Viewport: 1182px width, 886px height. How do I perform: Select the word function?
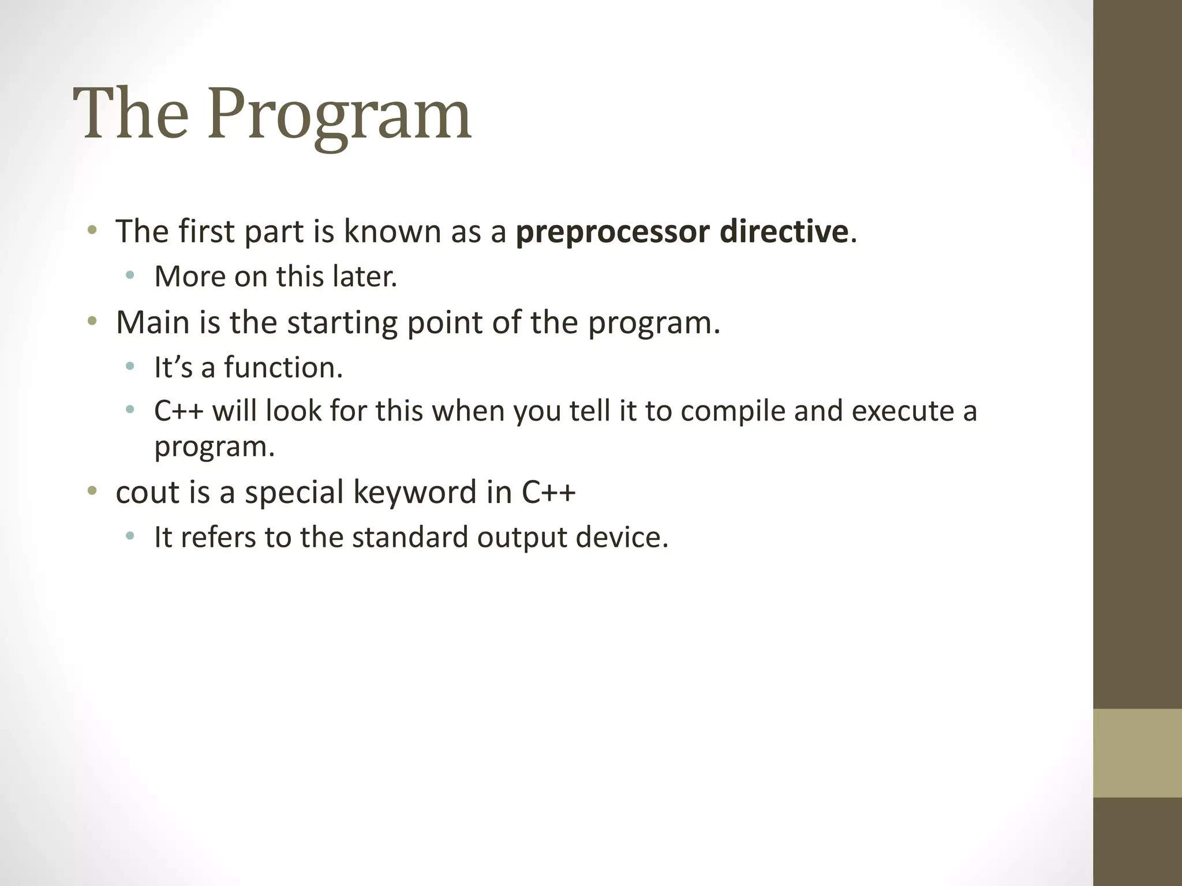point(283,367)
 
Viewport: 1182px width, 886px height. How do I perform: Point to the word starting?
point(342,323)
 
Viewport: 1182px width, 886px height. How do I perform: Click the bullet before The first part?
point(92,231)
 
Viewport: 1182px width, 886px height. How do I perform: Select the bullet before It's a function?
point(130,366)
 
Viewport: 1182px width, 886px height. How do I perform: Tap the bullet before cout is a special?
point(92,491)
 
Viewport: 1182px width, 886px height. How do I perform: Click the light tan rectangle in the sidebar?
point(1137,753)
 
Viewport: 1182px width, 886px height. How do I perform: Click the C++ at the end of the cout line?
point(548,492)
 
